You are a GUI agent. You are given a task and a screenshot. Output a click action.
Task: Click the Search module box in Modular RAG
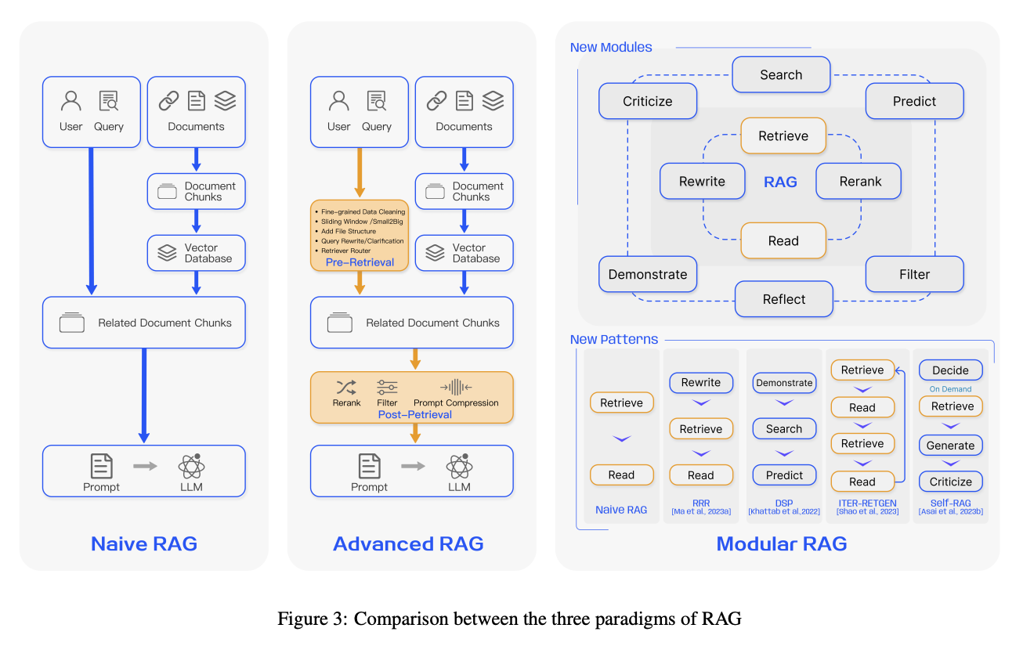781,75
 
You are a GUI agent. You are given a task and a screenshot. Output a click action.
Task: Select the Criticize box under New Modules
648,101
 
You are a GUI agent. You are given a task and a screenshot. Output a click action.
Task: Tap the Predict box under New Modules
914,101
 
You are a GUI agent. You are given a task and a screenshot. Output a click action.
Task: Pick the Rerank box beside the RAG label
859,182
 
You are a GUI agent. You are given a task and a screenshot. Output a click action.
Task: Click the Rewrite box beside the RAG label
702,182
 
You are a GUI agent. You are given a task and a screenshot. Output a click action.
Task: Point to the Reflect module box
783,299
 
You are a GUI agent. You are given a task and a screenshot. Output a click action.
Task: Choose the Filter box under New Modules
914,274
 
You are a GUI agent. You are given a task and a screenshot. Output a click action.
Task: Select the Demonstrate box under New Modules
648,274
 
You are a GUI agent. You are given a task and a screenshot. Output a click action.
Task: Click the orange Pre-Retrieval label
359,262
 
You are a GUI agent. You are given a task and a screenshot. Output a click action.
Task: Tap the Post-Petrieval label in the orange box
414,414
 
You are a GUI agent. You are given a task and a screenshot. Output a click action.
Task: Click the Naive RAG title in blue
144,543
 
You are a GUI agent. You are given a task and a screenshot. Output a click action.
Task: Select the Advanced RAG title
408,543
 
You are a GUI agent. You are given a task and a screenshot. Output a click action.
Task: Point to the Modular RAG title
782,543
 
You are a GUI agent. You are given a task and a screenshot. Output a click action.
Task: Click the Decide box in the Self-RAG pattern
950,370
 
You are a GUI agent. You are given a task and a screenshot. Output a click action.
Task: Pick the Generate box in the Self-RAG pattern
950,446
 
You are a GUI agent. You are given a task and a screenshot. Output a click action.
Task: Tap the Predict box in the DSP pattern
784,475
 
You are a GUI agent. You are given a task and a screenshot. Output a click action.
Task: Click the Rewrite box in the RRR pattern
700,383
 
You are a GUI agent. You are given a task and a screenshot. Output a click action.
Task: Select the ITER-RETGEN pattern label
862,503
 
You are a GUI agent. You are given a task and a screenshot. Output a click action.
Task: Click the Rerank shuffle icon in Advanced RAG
346,387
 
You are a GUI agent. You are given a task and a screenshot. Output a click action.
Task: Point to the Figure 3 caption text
509,619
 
